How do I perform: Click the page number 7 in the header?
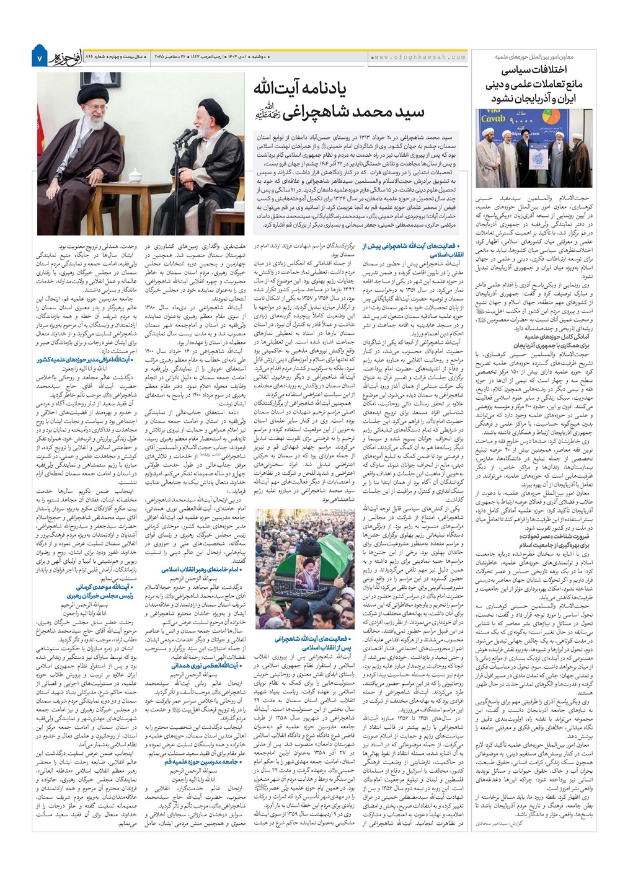click(x=38, y=58)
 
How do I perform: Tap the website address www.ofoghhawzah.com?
click(x=419, y=57)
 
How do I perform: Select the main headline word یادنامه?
click(x=316, y=89)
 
